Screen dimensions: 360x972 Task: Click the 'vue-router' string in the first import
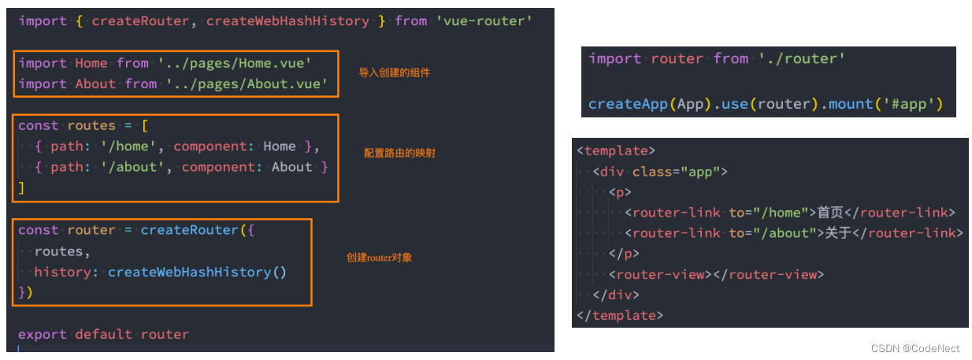pyautogui.click(x=484, y=20)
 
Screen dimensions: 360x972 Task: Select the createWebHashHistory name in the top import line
pyautogui.click(x=288, y=20)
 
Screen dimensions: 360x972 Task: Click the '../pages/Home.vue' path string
pyautogui.click(x=235, y=63)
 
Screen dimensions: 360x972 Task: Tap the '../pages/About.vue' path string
pyautogui.click(x=247, y=84)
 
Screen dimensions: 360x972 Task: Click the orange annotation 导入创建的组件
pyautogui.click(x=395, y=72)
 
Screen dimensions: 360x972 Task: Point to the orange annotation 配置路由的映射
pyautogui.click(x=399, y=153)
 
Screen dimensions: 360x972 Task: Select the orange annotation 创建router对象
pyautogui.click(x=380, y=258)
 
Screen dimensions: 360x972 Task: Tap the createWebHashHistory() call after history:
pyautogui.click(x=197, y=272)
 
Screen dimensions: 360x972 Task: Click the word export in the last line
pyautogui.click(x=43, y=334)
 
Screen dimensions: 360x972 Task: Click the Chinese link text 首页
pyautogui.click(x=830, y=212)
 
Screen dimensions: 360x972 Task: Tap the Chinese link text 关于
pyautogui.click(x=838, y=232)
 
